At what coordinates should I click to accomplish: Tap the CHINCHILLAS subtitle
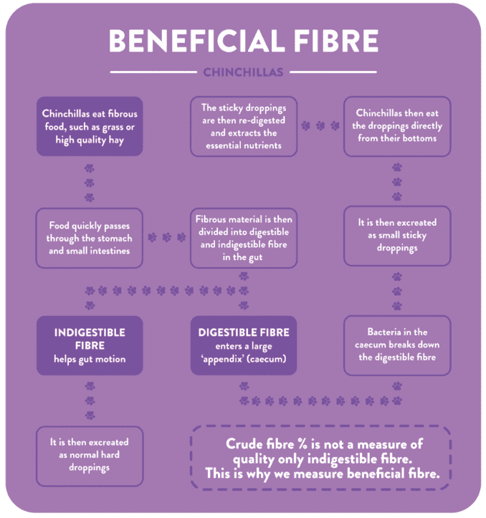click(x=243, y=72)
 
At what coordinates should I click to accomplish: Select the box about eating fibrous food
click(x=90, y=127)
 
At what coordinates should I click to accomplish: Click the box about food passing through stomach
click(x=90, y=237)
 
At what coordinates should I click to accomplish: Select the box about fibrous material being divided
click(x=244, y=237)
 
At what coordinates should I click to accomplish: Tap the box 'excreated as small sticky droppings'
click(x=396, y=237)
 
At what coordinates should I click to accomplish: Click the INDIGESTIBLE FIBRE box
click(x=90, y=345)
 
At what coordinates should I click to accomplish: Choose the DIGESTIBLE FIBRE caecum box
click(x=244, y=345)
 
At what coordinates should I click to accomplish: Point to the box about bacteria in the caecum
click(x=396, y=345)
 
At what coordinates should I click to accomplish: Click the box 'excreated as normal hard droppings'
click(x=90, y=456)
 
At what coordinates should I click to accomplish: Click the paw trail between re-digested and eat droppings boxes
click(x=320, y=125)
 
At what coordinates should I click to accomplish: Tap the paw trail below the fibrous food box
click(x=90, y=183)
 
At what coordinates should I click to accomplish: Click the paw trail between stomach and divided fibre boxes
click(x=166, y=237)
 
